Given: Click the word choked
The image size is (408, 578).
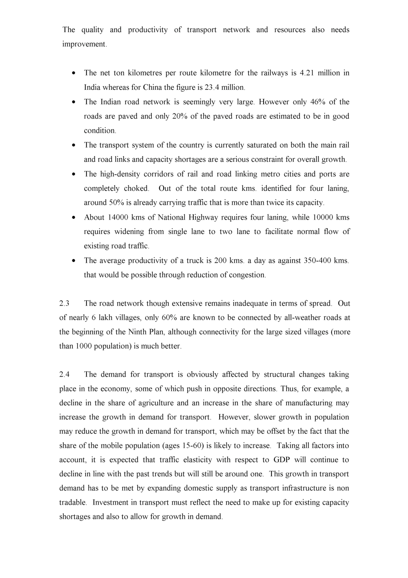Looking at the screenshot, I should [x=137, y=188].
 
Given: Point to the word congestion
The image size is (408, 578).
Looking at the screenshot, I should [x=246, y=275].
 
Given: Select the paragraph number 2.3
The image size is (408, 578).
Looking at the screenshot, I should [x=65, y=304].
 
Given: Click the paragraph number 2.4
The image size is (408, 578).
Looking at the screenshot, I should [x=65, y=374].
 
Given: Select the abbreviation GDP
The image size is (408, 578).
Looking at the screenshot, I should [x=282, y=460].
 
